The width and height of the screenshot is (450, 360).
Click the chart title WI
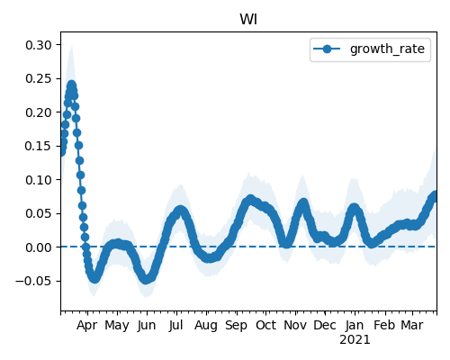tap(248, 20)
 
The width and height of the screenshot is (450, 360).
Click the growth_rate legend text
tap(387, 49)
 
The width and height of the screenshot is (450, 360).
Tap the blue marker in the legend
tap(327, 49)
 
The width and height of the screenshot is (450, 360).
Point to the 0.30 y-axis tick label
tap(39, 45)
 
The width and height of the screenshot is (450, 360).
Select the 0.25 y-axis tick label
tap(39, 78)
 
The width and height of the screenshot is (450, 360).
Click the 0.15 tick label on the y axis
tap(39, 146)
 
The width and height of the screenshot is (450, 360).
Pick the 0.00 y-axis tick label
tap(39, 247)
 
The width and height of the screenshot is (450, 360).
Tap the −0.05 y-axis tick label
tap(33, 281)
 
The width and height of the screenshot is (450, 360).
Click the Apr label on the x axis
tap(87, 326)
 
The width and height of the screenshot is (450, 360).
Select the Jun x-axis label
tap(147, 326)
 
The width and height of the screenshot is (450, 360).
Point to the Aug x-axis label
tap(206, 326)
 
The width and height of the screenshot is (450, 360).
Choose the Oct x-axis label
tap(265, 326)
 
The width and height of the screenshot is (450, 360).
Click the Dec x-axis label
tap(325, 326)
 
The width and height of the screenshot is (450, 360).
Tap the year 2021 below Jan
tap(355, 340)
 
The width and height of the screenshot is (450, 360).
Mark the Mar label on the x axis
tap(412, 326)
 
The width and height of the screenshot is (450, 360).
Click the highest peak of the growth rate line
tap(71, 85)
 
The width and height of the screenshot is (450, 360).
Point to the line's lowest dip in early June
tap(146, 279)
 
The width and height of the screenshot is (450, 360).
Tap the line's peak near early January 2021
tap(355, 208)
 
